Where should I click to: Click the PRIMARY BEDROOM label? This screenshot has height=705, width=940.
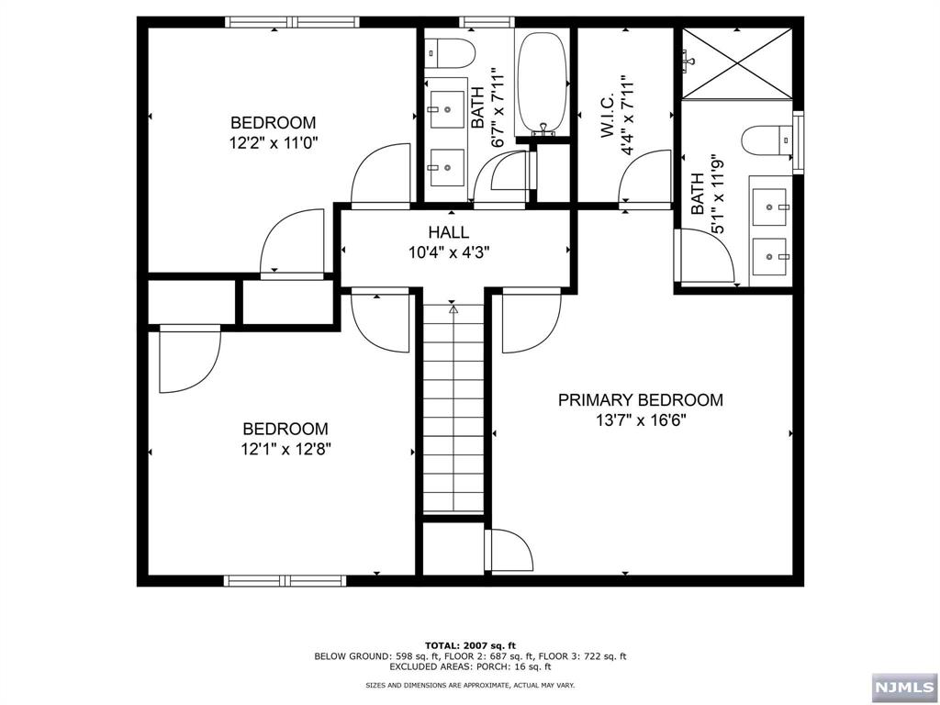(x=641, y=400)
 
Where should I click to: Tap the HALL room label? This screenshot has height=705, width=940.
(x=448, y=233)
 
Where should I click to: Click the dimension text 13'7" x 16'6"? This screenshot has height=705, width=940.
(x=641, y=421)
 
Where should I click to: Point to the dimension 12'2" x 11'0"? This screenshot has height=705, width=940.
(x=273, y=143)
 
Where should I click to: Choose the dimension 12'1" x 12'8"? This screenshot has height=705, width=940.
(x=285, y=450)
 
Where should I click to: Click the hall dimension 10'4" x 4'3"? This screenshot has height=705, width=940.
(x=448, y=254)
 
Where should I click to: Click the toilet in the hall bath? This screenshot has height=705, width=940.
(x=450, y=53)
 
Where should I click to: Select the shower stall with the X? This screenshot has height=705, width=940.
(x=737, y=62)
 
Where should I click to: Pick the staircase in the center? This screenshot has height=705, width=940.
(x=453, y=413)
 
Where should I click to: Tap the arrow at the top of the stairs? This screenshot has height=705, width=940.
(x=453, y=310)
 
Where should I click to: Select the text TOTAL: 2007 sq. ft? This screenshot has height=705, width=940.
(x=470, y=644)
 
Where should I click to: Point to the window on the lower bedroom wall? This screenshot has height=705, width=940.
(x=285, y=580)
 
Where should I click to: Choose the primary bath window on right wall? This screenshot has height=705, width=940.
(x=798, y=142)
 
